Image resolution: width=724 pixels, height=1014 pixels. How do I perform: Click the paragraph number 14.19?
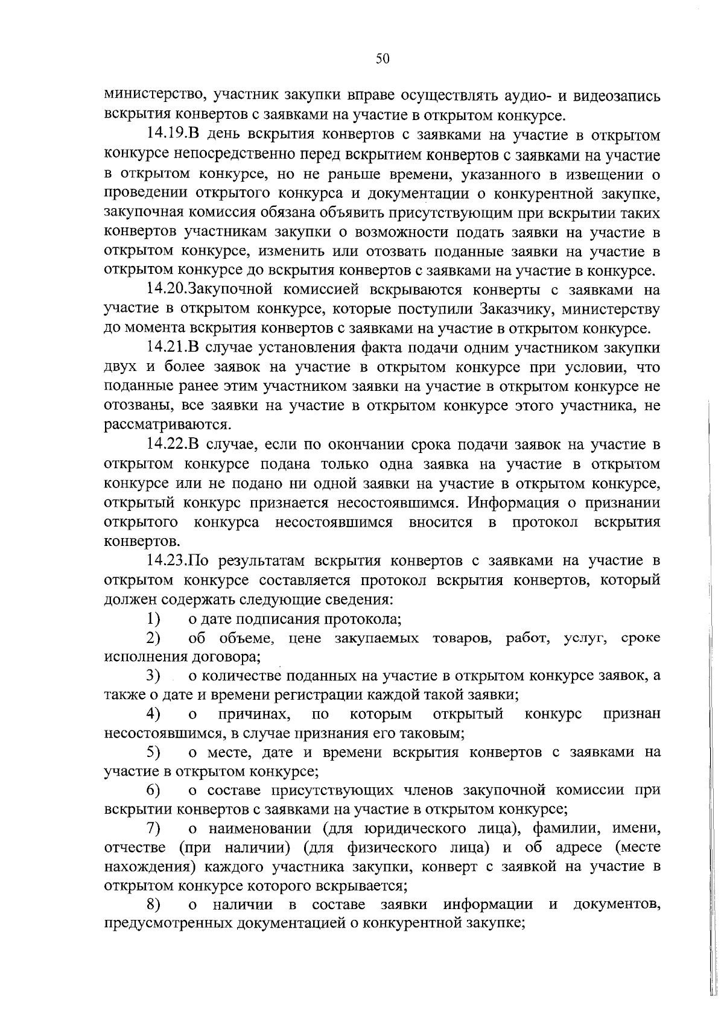(x=167, y=135)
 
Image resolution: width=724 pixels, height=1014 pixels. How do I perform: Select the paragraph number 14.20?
(x=167, y=290)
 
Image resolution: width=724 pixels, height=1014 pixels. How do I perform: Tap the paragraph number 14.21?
(x=167, y=348)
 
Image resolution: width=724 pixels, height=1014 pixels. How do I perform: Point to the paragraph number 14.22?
(x=167, y=445)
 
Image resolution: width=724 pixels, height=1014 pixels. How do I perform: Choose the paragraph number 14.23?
(x=167, y=561)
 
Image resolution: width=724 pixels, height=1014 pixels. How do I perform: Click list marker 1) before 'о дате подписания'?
(x=153, y=619)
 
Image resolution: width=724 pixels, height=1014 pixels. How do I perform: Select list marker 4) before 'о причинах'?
(x=153, y=714)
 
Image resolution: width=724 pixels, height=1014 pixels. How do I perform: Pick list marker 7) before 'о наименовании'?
(x=153, y=828)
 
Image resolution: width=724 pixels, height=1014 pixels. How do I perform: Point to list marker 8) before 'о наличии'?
(x=153, y=905)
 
